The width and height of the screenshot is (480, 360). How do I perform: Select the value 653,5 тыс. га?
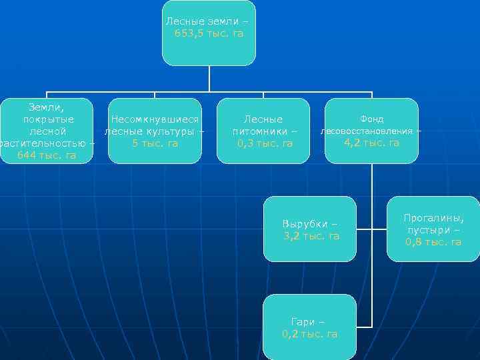pyautogui.click(x=209, y=33)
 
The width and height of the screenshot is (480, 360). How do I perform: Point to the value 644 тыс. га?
pyautogui.click(x=47, y=155)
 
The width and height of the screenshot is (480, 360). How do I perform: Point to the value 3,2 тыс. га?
pyautogui.click(x=311, y=235)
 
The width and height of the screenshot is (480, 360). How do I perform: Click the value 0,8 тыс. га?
pyautogui.click(x=433, y=242)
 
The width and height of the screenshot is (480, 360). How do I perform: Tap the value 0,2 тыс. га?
pyautogui.click(x=310, y=334)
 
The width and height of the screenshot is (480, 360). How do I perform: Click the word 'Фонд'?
pyautogui.click(x=371, y=119)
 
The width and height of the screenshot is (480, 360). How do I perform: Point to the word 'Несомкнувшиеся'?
pyautogui.click(x=155, y=119)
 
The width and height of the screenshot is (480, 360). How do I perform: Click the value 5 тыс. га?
pyautogui.click(x=155, y=143)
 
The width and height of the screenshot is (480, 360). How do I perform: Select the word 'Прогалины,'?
pyautogui.click(x=433, y=218)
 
